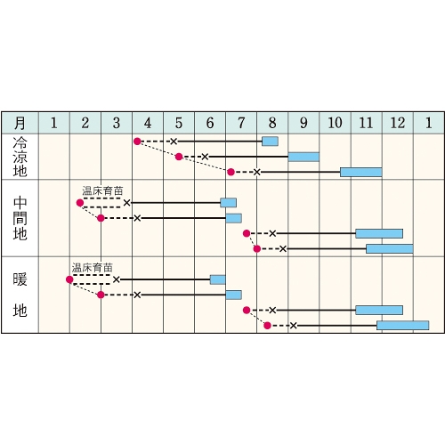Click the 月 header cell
tap(20, 123)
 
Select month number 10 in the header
tap(335, 123)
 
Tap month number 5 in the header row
tap(179, 123)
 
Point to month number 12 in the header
tap(398, 123)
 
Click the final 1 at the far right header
tap(429, 123)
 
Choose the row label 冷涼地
tap(20, 157)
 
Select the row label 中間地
tap(20, 218)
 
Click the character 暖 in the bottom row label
tap(20, 279)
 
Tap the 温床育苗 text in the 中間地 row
tap(102, 190)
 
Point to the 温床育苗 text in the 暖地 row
tap(93, 268)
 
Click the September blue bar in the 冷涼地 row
tap(303, 157)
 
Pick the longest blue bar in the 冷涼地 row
tap(360, 172)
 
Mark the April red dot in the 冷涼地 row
tap(137, 142)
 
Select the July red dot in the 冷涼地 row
tap(231, 172)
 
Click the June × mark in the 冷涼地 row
tap(205, 157)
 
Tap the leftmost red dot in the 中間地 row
tap(80, 203)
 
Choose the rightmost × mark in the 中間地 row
tap(283, 249)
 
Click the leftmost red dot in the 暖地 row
tap(69, 279)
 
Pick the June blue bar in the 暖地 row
tap(218, 279)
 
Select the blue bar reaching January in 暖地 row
tap(402, 326)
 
